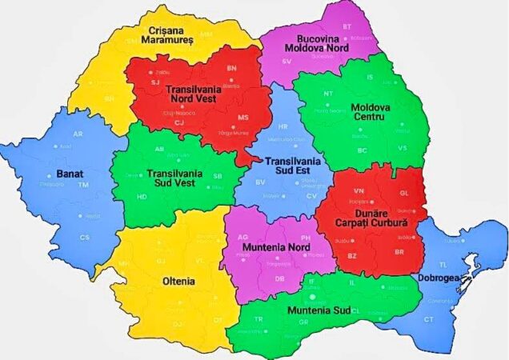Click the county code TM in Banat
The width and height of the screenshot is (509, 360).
83,185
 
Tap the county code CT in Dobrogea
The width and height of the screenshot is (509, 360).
429,319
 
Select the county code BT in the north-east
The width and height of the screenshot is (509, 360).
347,26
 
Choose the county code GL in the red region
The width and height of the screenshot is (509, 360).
403,193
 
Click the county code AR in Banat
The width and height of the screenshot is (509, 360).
78,134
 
